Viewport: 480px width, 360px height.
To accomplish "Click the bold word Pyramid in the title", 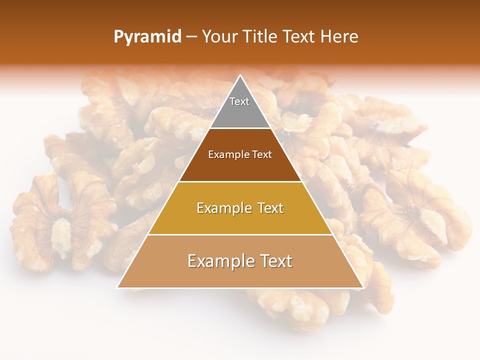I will [x=147, y=37].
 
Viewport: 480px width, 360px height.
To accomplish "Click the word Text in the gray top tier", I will [x=239, y=101].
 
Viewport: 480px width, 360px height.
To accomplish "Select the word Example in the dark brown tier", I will [x=226, y=155].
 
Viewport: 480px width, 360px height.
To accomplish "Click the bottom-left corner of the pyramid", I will [x=117, y=287].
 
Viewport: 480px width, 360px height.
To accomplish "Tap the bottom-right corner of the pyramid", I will [x=363, y=287].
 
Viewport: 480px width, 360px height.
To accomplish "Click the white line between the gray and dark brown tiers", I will [x=240, y=128].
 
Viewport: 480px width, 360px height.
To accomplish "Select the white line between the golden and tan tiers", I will [x=240, y=234].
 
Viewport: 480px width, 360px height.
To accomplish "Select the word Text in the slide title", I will [x=300, y=37].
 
